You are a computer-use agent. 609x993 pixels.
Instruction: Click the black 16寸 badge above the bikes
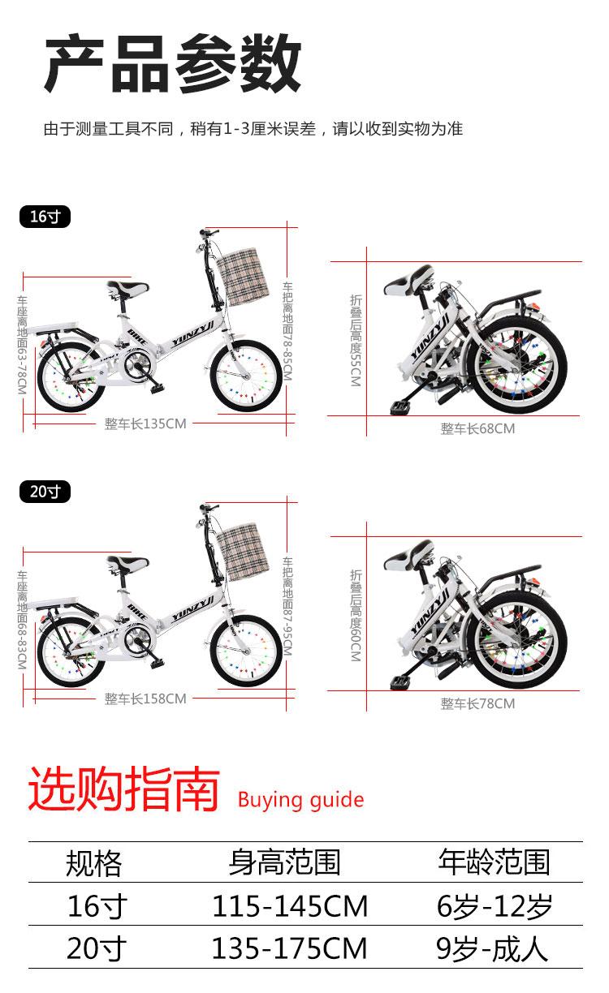coord(45,217)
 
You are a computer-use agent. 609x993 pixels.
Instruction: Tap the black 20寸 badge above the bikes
coord(45,492)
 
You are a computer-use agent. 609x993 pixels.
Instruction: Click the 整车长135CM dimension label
coord(145,423)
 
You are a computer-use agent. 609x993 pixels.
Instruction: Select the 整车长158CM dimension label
coord(145,699)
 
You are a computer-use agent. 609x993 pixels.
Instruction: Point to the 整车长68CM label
coord(477,428)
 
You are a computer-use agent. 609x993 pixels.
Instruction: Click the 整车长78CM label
coord(477,703)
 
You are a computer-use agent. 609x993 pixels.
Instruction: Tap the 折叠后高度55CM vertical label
coord(356,340)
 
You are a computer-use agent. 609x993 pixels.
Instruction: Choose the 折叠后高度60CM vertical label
coord(356,615)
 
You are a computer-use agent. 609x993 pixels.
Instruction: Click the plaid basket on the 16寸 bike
coord(243,277)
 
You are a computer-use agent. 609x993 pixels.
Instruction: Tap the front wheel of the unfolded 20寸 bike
coord(246,651)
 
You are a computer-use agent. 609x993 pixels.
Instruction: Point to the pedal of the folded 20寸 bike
coord(402,681)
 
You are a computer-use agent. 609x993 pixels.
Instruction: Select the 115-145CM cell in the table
coord(290,905)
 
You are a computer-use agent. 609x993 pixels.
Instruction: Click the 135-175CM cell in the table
coord(290,948)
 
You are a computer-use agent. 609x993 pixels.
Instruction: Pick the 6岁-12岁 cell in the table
coord(495,905)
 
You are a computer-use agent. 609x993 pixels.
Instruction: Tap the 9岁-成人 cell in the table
coord(492,948)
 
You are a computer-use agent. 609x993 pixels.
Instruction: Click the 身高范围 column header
coord(285,862)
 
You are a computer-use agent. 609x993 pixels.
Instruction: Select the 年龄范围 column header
coord(495,862)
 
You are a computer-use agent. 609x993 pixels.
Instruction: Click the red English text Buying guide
coord(300,800)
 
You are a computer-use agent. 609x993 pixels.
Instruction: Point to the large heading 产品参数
coord(173,63)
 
